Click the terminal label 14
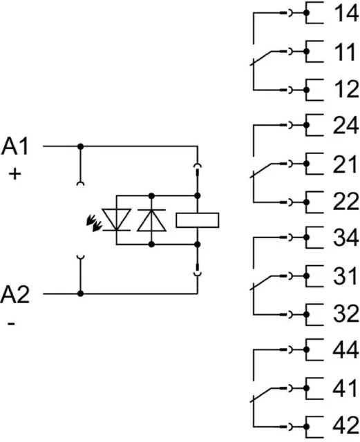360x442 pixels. click(346, 13)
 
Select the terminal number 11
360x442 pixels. click(345, 52)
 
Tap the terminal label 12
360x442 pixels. click(346, 89)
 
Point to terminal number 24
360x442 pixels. click(345, 125)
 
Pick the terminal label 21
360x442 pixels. click(345, 164)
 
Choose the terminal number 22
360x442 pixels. click(345, 201)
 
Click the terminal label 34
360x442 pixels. click(346, 237)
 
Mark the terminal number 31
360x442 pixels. click(345, 276)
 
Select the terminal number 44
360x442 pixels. click(346, 349)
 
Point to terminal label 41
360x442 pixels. click(345, 388)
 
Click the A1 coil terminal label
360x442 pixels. click(15, 146)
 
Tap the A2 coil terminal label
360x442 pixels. click(15, 294)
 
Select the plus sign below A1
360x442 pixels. click(15, 174)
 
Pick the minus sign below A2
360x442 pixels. click(11, 323)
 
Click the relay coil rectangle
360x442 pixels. click(197, 220)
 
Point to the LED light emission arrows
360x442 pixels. click(94, 222)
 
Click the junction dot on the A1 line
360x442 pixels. click(81, 146)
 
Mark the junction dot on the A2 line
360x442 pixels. click(81, 294)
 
